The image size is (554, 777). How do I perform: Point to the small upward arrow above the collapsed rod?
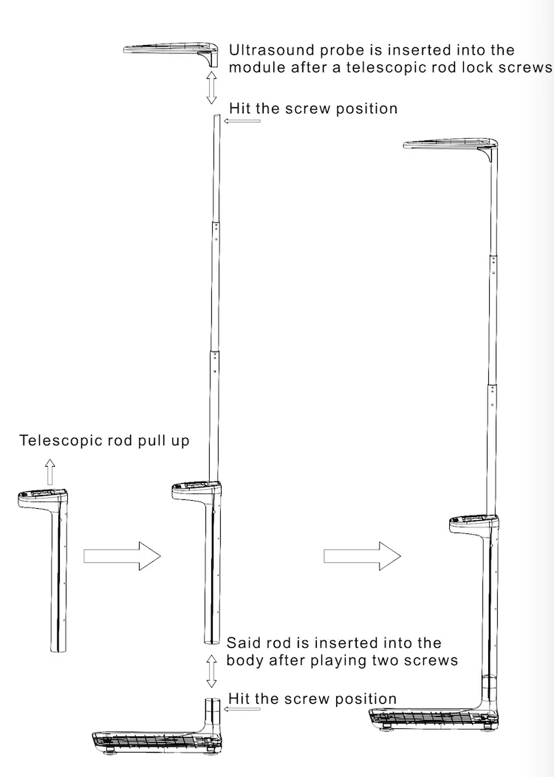coord(49,472)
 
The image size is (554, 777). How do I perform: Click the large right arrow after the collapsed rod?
coord(122,556)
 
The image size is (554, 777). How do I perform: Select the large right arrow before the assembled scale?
coord(362,556)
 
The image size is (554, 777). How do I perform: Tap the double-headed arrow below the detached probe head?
coord(211,87)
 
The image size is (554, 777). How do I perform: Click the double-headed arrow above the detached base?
coord(211,671)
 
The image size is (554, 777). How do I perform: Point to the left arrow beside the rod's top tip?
coord(242,120)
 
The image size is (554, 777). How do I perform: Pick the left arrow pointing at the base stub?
coord(242,708)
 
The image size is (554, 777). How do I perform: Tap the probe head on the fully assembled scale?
coord(451,147)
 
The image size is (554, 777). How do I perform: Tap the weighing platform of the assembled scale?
coord(434,717)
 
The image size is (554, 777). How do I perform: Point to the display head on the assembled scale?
coord(474,525)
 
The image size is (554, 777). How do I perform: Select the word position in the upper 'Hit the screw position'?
coord(366,109)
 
